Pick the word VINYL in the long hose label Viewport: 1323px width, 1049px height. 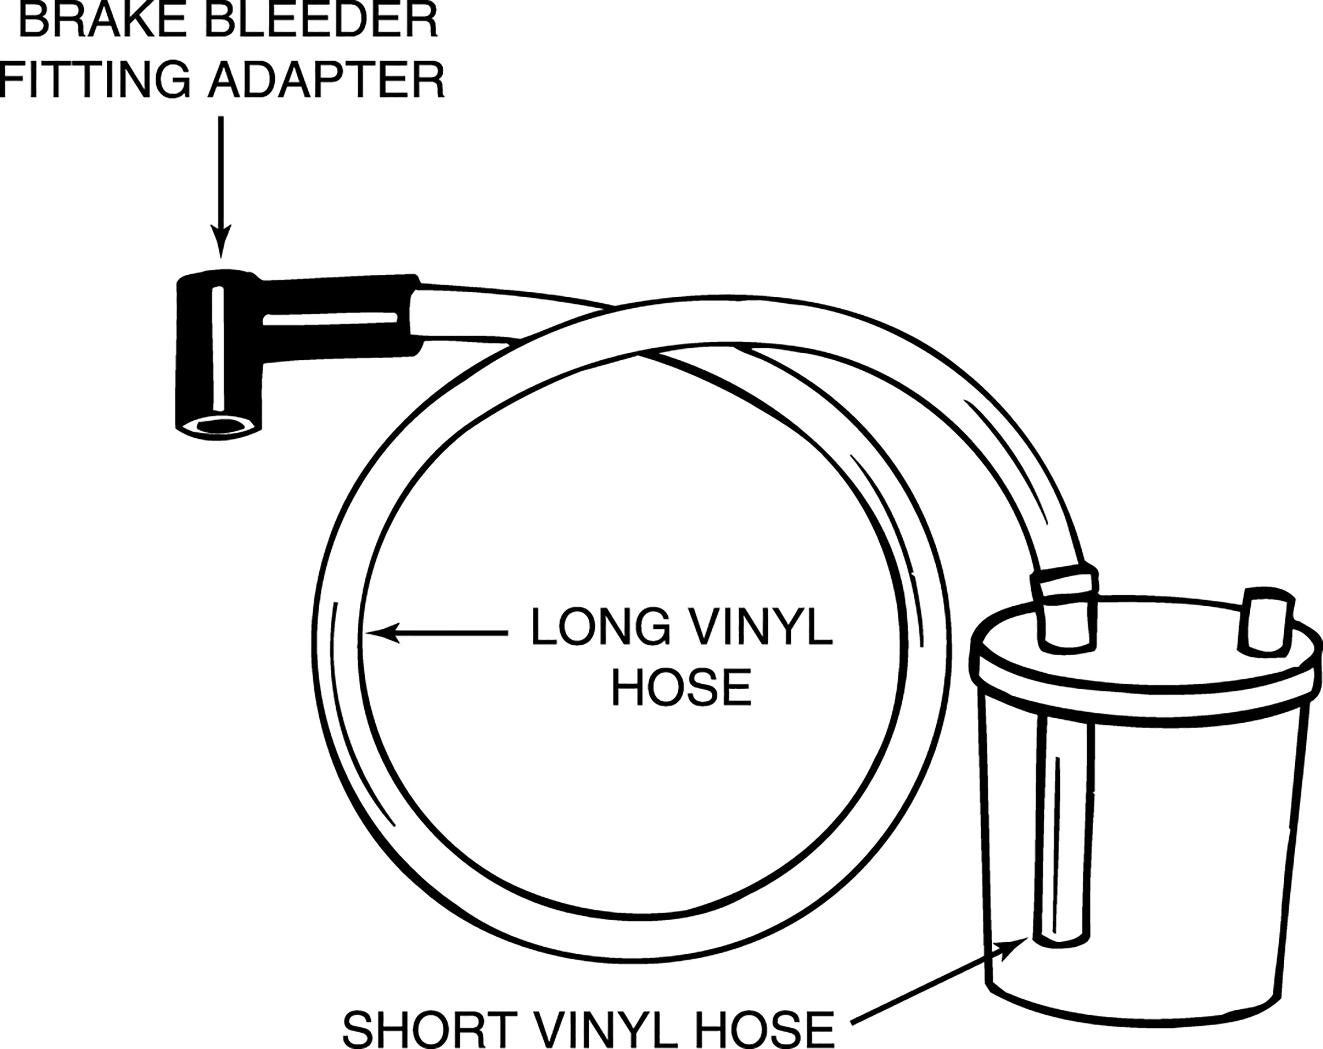pos(757,626)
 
